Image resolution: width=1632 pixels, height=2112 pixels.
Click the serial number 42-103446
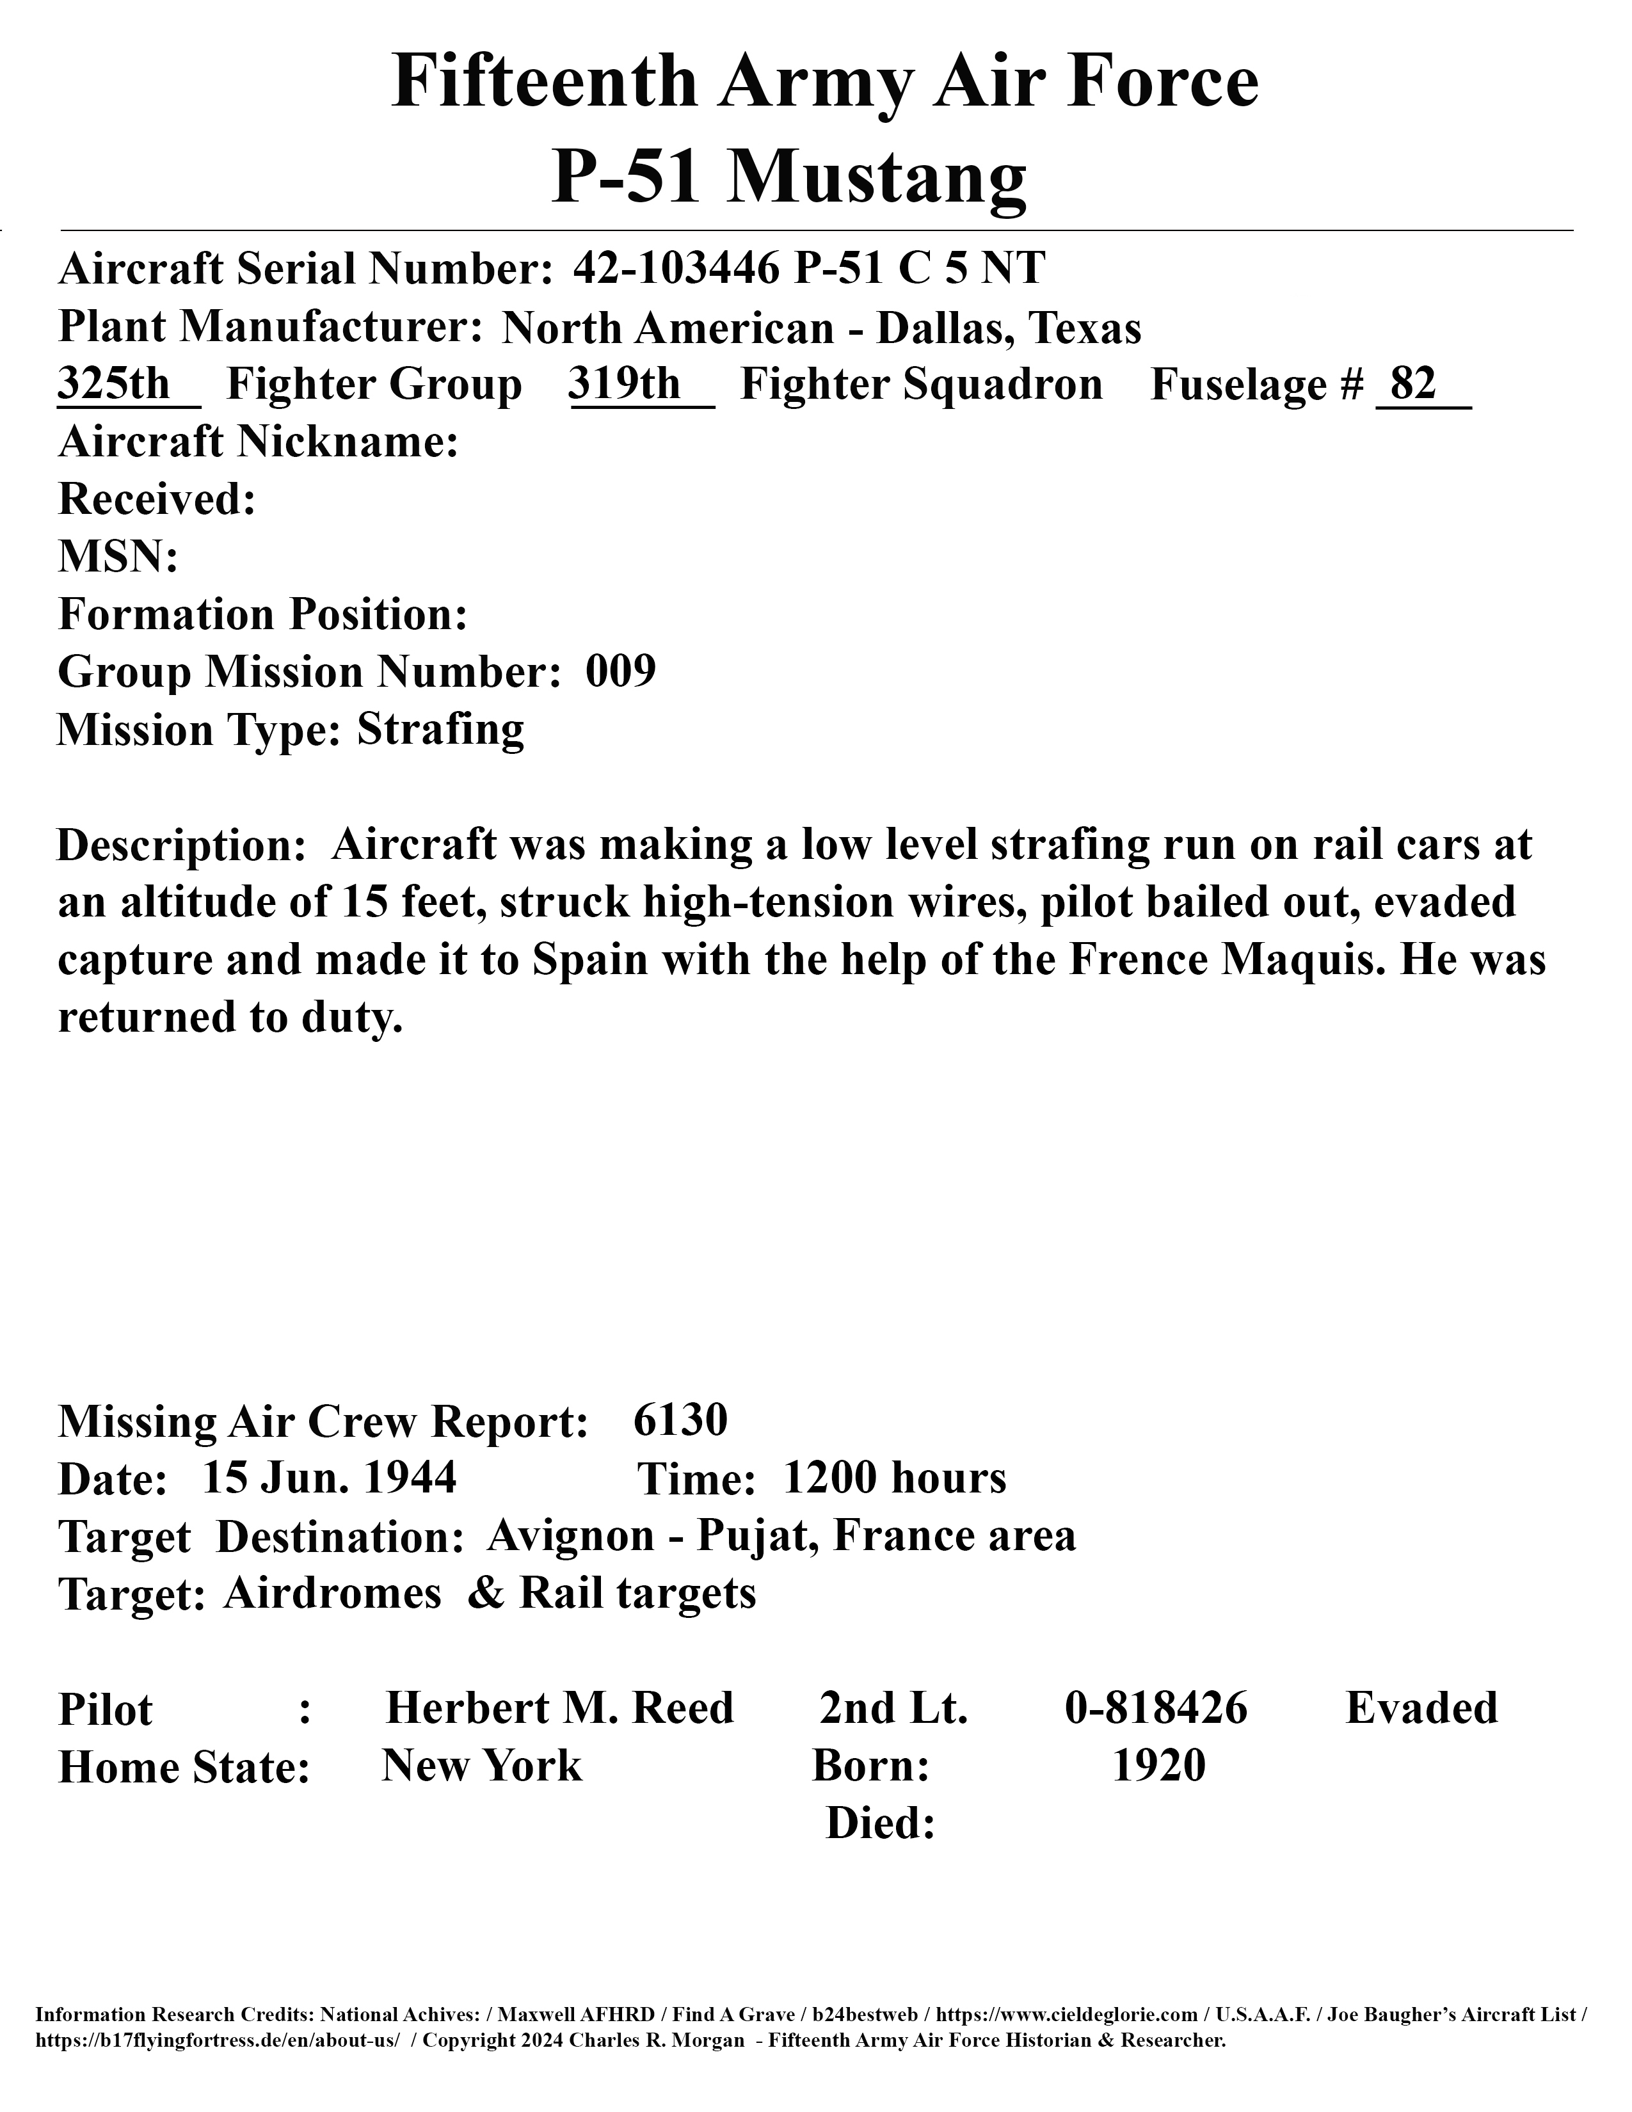(676, 268)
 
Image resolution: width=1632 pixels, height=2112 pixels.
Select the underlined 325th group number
(114, 384)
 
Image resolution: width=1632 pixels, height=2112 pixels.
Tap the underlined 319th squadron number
(625, 384)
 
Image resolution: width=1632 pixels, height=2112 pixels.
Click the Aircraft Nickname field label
(258, 442)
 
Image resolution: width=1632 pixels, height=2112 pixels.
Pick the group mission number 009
(621, 671)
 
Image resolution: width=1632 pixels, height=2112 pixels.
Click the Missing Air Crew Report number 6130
(681, 1421)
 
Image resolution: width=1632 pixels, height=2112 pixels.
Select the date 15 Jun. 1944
(329, 1478)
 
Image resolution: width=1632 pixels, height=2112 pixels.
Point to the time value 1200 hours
(894, 1478)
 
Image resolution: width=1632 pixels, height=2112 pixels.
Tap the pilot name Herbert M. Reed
(560, 1708)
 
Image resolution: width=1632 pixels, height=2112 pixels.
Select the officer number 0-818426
(1156, 1708)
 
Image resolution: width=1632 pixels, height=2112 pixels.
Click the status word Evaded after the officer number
(1421, 1708)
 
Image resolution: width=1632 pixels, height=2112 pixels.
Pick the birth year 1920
(1158, 1766)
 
